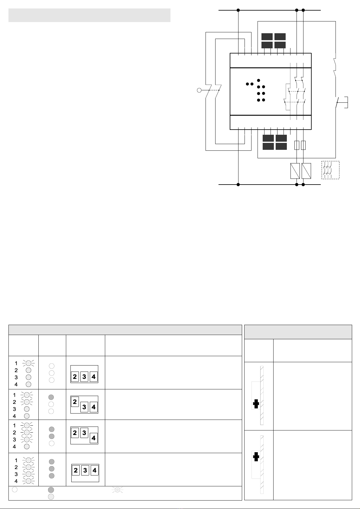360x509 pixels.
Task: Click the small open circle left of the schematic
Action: tap(199, 90)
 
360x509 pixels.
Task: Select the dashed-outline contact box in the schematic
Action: tap(330, 170)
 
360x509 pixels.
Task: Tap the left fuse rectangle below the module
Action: tap(297, 145)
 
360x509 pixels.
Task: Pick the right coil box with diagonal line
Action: tap(306, 171)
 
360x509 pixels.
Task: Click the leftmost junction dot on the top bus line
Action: tap(238, 10)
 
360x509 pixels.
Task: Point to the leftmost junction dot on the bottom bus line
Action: tap(238, 185)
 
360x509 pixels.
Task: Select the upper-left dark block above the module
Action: tap(267, 37)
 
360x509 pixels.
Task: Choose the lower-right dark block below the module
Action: tap(281, 146)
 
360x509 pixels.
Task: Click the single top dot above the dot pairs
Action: tap(258, 80)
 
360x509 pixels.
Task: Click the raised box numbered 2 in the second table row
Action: tap(75, 401)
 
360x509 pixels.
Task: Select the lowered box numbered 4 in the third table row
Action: tap(93, 438)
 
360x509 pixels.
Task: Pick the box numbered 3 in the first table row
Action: tap(84, 376)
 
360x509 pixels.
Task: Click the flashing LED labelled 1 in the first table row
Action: tap(28, 363)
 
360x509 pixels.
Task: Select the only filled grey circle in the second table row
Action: tap(51, 397)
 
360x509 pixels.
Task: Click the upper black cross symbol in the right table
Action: tap(256, 404)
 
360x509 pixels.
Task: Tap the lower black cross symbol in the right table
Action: tap(256, 456)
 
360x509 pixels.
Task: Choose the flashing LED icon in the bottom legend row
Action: tap(117, 490)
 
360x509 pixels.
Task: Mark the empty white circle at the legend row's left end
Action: tap(15, 489)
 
